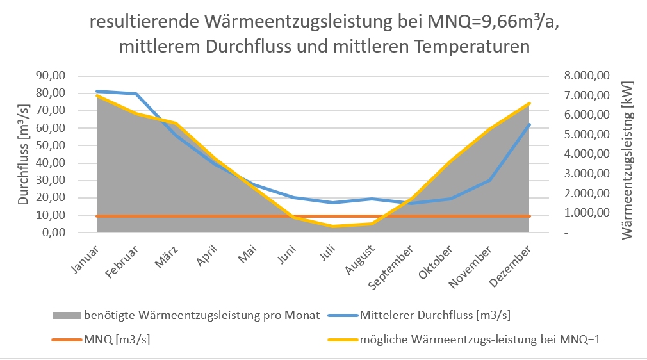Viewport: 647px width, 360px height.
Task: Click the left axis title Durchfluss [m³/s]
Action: [24, 154]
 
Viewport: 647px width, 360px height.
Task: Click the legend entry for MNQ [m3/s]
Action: [109, 339]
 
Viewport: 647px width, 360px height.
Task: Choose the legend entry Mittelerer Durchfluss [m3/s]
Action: [435, 315]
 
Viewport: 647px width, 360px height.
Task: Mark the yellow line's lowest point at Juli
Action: [332, 226]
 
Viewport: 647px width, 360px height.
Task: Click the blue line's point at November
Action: [490, 180]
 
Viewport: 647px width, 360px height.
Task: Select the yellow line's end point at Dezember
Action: [530, 103]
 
